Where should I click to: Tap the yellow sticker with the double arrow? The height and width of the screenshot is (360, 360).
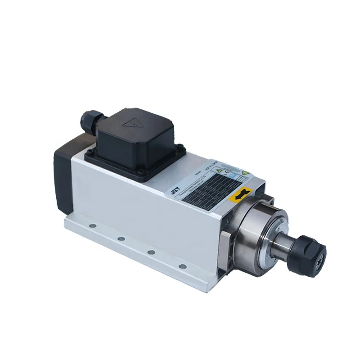click(x=241, y=195)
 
